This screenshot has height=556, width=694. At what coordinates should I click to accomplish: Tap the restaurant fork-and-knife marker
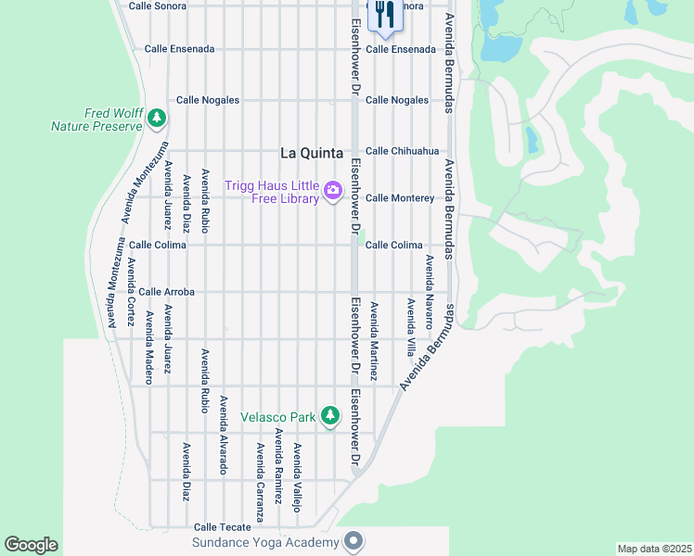[382, 13]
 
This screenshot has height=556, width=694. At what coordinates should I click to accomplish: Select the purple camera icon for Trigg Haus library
[332, 192]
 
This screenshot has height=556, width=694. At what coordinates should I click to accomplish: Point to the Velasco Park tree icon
[329, 416]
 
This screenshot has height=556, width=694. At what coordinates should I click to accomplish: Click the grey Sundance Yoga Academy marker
[353, 540]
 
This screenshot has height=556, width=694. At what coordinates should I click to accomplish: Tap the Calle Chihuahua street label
[402, 151]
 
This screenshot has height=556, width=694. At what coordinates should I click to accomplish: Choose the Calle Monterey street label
[400, 198]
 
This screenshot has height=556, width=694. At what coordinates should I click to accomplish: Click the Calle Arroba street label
[166, 292]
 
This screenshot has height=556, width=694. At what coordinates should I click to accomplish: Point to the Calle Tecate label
[223, 527]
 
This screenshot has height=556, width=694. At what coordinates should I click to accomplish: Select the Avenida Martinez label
[375, 342]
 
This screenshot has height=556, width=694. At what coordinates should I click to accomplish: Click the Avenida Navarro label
[430, 293]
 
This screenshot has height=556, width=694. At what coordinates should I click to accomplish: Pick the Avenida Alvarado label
[224, 436]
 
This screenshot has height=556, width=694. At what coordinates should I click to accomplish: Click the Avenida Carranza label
[261, 483]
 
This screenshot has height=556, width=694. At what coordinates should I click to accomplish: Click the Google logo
[31, 545]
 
